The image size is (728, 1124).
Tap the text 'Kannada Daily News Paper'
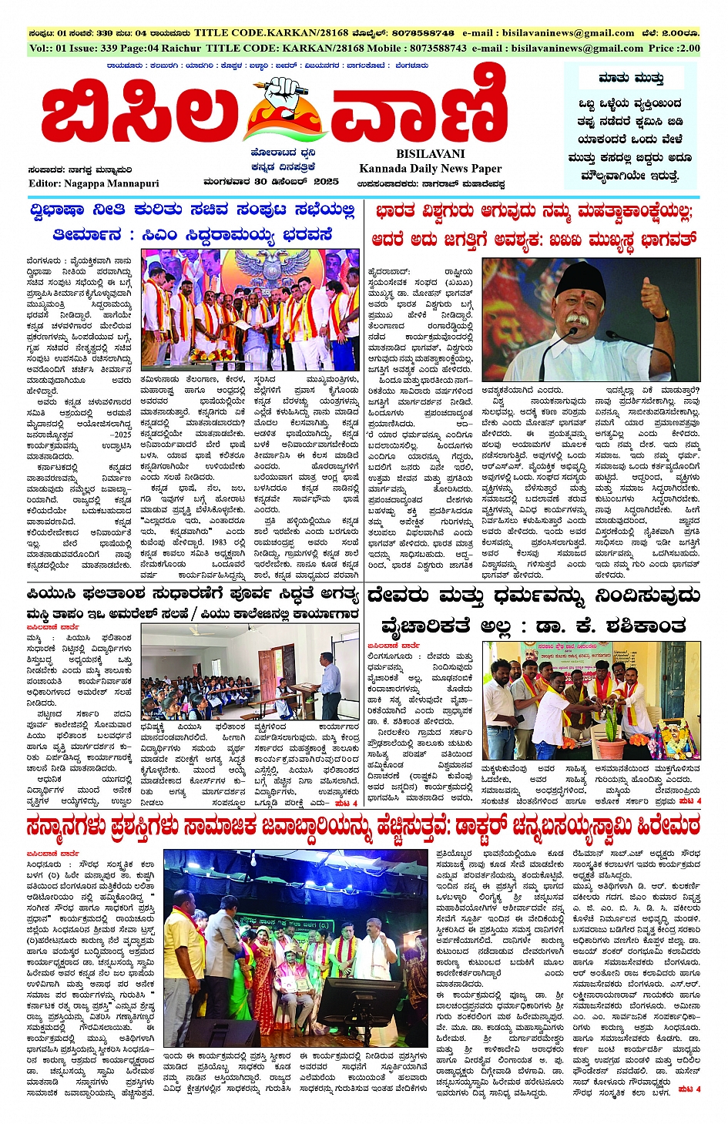coord(430,169)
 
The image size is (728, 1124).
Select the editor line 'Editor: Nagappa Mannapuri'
coord(93,183)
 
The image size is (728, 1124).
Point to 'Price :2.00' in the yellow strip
coord(674,48)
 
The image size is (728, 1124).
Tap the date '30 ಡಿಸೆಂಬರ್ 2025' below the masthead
coord(296,183)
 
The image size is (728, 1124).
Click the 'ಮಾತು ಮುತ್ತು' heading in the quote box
coord(631,79)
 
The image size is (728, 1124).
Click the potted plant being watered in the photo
coord(614,736)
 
